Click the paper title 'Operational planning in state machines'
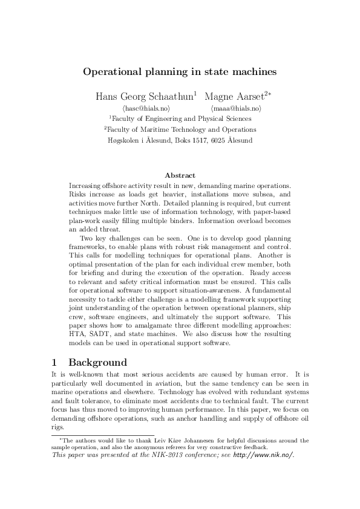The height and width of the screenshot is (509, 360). tap(180, 71)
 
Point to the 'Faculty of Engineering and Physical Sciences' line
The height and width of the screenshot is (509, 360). tap(180, 118)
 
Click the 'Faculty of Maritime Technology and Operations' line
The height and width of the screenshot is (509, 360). tap(180, 129)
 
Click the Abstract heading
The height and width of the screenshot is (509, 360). tap(180, 175)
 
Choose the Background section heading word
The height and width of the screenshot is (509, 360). tap(98, 363)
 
